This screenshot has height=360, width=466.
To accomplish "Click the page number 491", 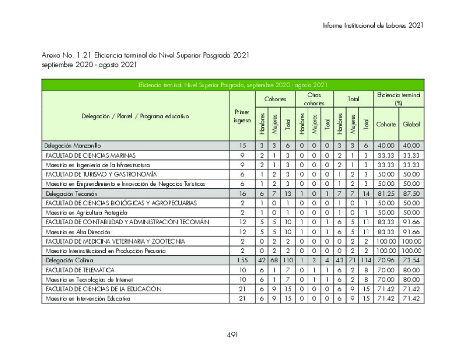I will click(x=232, y=334).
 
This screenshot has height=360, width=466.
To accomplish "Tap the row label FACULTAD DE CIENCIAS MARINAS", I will click(x=91, y=155).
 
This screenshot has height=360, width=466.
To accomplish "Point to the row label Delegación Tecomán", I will click(x=72, y=193).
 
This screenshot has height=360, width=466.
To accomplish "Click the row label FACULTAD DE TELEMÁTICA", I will click(x=80, y=270).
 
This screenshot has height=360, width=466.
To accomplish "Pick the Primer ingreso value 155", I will click(x=242, y=260).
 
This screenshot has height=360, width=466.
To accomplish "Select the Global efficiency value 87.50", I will click(x=411, y=193).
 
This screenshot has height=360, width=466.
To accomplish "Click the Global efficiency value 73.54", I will click(x=411, y=260).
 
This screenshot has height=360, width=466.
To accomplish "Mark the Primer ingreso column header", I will click(x=242, y=116).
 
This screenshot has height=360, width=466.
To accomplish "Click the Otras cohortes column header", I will click(x=314, y=99).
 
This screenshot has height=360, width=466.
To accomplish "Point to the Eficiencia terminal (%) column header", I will click(x=398, y=99).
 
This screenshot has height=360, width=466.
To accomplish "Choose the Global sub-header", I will click(x=411, y=124).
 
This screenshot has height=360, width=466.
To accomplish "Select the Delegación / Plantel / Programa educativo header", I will click(x=136, y=116).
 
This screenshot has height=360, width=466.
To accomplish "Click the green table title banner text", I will click(x=233, y=85).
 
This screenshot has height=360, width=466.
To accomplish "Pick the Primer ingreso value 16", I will click(x=242, y=193).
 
